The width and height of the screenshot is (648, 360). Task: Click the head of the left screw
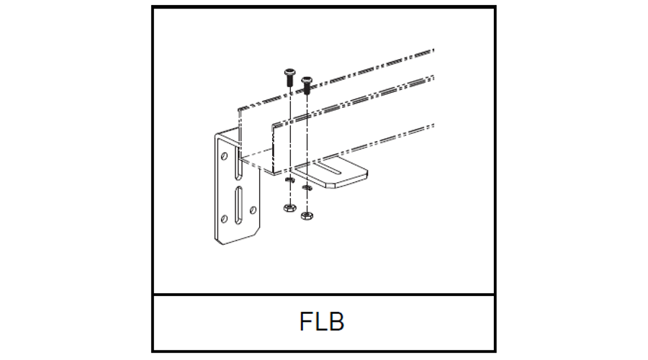(288, 72)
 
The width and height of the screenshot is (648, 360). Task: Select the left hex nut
(287, 208)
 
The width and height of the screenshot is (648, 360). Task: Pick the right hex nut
(306, 214)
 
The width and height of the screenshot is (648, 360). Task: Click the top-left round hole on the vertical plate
(224, 155)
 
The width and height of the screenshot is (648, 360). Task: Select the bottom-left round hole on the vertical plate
(224, 218)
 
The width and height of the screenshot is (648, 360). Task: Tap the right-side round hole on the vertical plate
(252, 210)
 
